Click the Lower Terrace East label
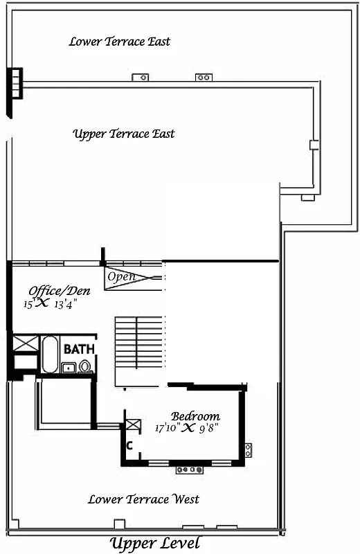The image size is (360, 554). pos(119,42)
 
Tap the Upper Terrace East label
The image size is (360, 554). pos(124,134)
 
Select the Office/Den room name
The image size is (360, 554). pos(59,291)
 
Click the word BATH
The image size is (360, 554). pos(79,349)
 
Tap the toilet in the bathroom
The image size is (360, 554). pos(85,367)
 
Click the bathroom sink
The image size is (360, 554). pos(69,368)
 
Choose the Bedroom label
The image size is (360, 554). pos(195,416)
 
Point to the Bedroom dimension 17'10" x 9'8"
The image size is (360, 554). pos(187,428)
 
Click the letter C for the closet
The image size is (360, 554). pos(129,445)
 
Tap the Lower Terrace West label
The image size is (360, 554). pos(143,499)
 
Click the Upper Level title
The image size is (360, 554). pos(155,543)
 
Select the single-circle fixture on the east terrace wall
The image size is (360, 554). pos(142,78)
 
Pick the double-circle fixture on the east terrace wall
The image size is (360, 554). pos(204,78)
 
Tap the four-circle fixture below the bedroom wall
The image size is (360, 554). pos(188,470)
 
